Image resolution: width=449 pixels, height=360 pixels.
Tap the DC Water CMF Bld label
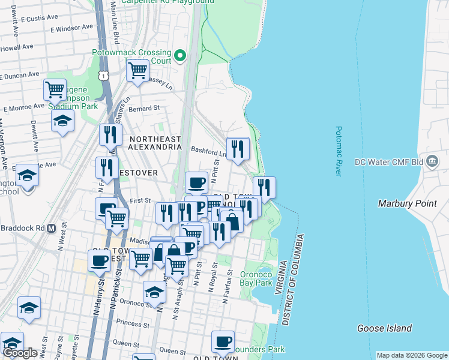[x=397, y=162]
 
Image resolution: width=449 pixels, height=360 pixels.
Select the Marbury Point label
[x=407, y=203]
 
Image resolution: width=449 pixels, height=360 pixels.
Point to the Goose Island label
[x=384, y=328]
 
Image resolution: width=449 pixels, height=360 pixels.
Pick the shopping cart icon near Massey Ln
[x=138, y=70]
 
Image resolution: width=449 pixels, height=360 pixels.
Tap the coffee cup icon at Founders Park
[x=223, y=341]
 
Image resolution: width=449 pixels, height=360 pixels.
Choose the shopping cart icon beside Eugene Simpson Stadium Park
[x=55, y=90]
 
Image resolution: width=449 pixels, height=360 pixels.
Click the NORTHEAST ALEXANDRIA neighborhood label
[x=155, y=142]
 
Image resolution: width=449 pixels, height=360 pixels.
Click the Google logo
[x=20, y=353]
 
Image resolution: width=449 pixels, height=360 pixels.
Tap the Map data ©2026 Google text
[x=412, y=355]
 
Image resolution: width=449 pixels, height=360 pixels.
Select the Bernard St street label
[x=144, y=109]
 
